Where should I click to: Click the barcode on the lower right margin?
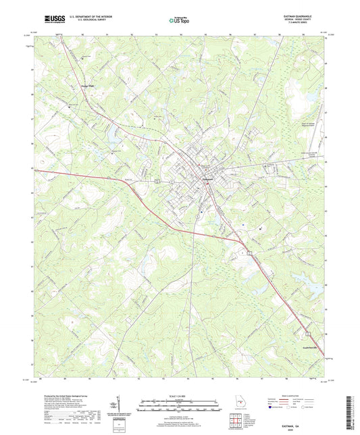point(353,405)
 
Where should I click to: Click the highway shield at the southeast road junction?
point(249,252)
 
